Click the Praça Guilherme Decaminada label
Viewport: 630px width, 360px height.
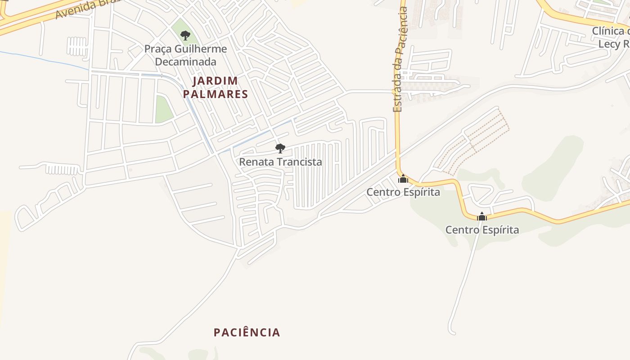point(185,55)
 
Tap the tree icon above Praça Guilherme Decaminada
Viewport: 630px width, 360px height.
point(185,35)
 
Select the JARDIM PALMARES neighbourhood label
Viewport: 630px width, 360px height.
point(215,87)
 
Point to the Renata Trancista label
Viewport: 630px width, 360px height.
point(280,162)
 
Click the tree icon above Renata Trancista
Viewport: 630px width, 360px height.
point(280,148)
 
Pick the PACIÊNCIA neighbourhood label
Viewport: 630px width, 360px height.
point(247,333)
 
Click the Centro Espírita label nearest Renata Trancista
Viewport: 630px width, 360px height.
point(403,192)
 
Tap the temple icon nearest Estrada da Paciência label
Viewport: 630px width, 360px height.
point(403,179)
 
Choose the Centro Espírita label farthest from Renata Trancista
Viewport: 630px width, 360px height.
point(482,230)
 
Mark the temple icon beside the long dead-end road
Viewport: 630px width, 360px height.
point(482,216)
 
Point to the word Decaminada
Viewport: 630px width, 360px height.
point(185,62)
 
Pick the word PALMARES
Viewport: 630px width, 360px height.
point(215,94)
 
